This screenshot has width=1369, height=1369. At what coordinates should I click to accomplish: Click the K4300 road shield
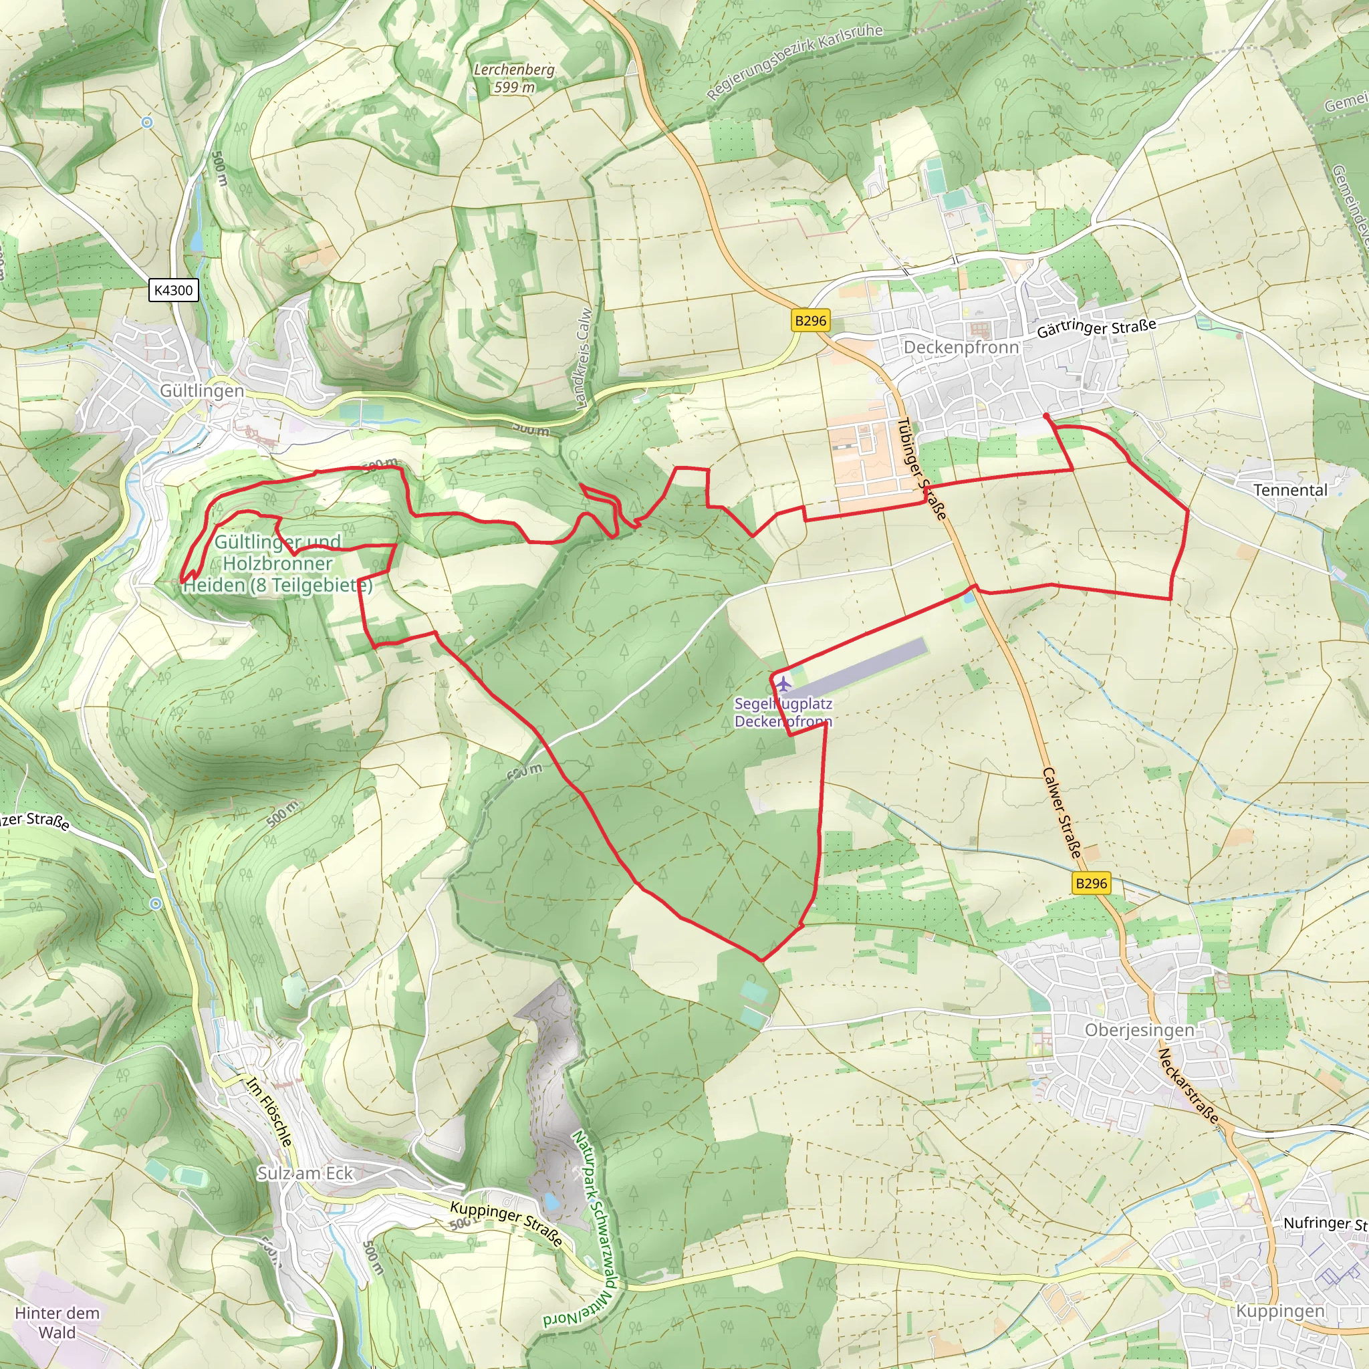coord(173,290)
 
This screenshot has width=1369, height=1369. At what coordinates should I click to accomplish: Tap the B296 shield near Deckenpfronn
coord(811,320)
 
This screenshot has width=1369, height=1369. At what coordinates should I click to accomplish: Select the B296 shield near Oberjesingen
coord(1090,883)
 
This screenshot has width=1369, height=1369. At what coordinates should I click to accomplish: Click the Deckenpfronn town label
coord(961,347)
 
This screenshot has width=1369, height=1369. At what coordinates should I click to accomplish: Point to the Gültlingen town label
coord(202,390)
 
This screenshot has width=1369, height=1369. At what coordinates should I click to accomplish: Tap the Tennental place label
coord(1290,489)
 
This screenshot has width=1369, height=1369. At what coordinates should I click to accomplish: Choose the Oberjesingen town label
coord(1140,1029)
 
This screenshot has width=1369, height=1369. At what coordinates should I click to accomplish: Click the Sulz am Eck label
coord(305,1172)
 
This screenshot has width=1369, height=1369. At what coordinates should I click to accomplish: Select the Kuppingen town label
coord(1279,1311)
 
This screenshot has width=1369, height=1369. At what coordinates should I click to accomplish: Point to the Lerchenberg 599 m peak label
coord(515,78)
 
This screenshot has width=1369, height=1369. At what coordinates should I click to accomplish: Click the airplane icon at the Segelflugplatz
coord(783,684)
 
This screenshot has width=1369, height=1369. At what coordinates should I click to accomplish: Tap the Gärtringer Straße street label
coord(1096,328)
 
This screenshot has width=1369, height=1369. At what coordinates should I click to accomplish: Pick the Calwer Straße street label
coord(1062,814)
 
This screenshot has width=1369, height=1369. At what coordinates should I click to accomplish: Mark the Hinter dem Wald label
coord(57,1322)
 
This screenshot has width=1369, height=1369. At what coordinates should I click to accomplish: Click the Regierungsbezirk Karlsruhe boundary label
coord(795,61)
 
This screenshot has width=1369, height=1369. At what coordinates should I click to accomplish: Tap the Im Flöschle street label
coord(269,1111)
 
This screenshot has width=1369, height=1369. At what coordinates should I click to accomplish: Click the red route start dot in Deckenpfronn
coord(1047,416)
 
